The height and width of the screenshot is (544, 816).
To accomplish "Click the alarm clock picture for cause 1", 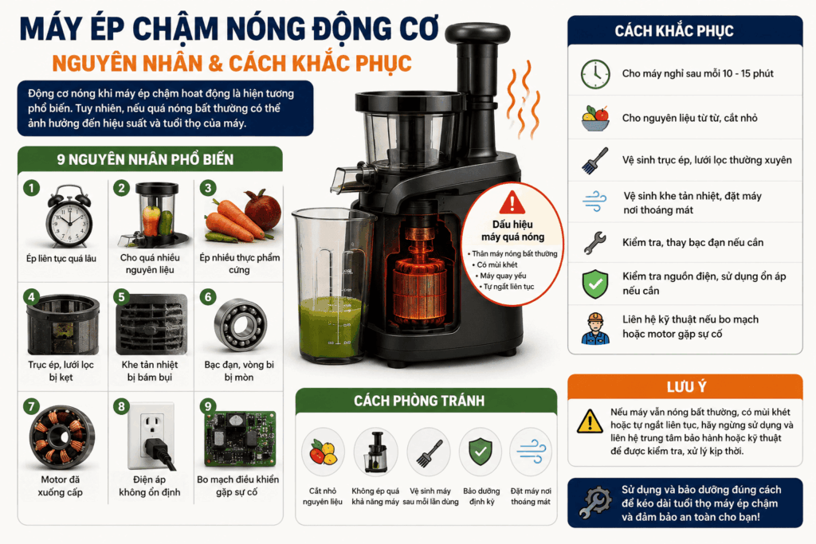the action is tap(69, 217).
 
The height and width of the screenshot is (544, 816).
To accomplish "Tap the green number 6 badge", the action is tap(208, 297).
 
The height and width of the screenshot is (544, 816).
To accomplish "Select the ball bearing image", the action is tap(240, 326).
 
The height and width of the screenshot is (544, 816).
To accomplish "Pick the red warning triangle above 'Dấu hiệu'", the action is tap(512, 202).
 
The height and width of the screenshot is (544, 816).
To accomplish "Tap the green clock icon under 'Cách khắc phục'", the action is tap(595, 74).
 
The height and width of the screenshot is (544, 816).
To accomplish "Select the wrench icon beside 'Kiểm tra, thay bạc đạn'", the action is tap(595, 242).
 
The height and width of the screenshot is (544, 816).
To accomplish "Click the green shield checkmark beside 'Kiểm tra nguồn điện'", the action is tap(595, 284).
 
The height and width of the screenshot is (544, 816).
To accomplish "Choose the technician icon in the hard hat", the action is tap(595, 328).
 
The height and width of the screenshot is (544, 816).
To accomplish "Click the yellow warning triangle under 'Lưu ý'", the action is tap(590, 421).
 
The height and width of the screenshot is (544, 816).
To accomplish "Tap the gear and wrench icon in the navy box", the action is tap(595, 502).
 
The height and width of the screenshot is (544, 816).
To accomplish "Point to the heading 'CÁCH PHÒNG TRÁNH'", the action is tap(419, 401).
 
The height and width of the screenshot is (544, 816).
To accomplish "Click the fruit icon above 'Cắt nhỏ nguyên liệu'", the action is tap(323, 452).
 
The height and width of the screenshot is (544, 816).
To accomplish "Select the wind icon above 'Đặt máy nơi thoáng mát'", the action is tap(532, 452).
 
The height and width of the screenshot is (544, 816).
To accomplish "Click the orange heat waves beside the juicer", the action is tap(523, 99).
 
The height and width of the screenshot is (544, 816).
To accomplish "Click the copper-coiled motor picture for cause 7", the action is tap(62, 437).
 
